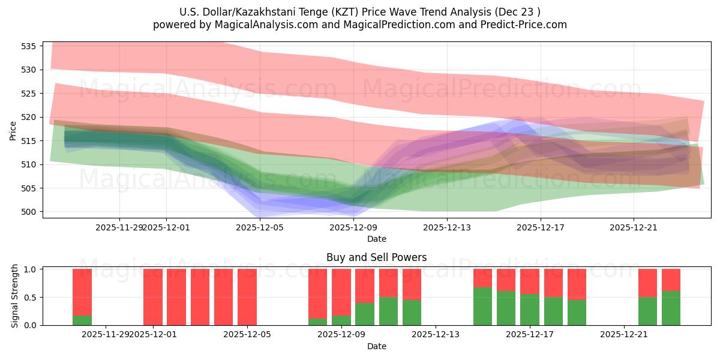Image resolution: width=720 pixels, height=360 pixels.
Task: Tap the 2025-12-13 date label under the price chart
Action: click(x=446, y=227)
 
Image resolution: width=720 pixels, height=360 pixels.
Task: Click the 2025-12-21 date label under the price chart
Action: click(x=634, y=227)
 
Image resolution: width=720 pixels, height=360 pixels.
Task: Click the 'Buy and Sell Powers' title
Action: click(x=376, y=257)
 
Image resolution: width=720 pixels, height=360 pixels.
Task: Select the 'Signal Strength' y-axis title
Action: click(x=15, y=297)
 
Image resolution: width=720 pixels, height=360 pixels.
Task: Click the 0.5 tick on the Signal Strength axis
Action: click(x=31, y=297)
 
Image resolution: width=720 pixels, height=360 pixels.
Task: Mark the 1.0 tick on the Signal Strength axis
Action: click(x=31, y=269)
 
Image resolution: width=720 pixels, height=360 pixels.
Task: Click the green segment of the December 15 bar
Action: click(x=482, y=306)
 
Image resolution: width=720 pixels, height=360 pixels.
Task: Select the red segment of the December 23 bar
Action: click(x=671, y=280)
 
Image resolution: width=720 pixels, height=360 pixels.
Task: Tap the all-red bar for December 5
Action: click(x=247, y=297)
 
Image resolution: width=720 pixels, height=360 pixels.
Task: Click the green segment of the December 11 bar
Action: click(x=388, y=311)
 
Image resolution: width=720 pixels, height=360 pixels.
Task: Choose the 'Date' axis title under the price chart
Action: click(x=376, y=239)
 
